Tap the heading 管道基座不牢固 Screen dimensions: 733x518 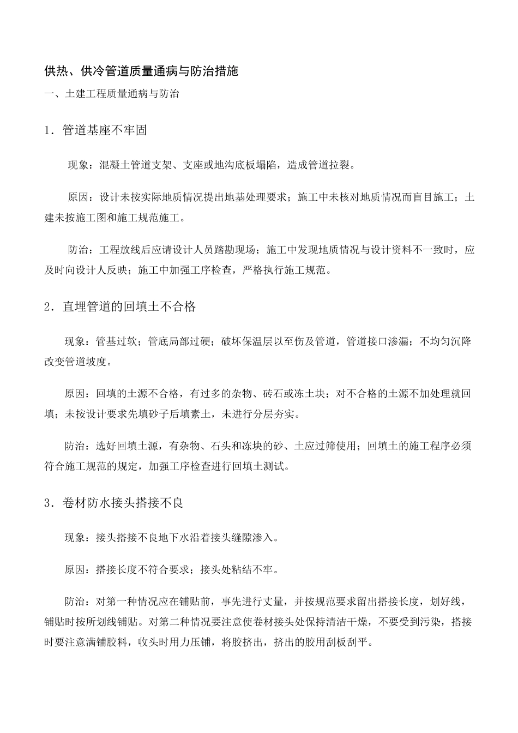(105, 130)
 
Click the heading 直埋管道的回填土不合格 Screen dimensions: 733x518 (129, 307)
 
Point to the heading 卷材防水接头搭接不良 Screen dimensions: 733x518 (123, 503)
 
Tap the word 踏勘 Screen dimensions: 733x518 (214, 250)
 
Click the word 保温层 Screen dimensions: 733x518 (279, 342)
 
